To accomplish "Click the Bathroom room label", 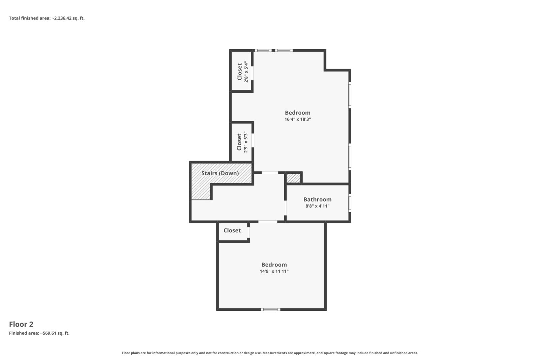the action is (317, 199).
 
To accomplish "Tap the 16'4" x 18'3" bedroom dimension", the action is (297, 119).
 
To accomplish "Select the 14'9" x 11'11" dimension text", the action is (274, 271).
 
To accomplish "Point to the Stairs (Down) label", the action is (220, 173).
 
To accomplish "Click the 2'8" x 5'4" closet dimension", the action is (246, 72).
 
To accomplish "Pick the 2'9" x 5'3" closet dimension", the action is (246, 142).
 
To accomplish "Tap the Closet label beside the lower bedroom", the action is (232, 230).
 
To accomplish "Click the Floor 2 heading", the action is (21, 324).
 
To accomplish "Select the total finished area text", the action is (47, 18).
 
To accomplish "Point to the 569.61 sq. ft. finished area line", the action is (39, 333).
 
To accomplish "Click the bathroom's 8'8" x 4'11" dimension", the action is (317, 206).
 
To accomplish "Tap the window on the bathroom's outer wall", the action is (350, 203).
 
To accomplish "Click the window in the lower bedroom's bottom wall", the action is (270, 309).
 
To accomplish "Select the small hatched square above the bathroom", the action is (293, 178).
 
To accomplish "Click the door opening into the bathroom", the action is (285, 208).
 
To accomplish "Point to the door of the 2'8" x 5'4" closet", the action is (252, 73).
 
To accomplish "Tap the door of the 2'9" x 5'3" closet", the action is (253, 140).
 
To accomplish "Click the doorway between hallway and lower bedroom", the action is (268, 222).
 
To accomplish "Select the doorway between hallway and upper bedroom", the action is (270, 172).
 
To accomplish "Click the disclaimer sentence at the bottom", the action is (270, 353).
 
